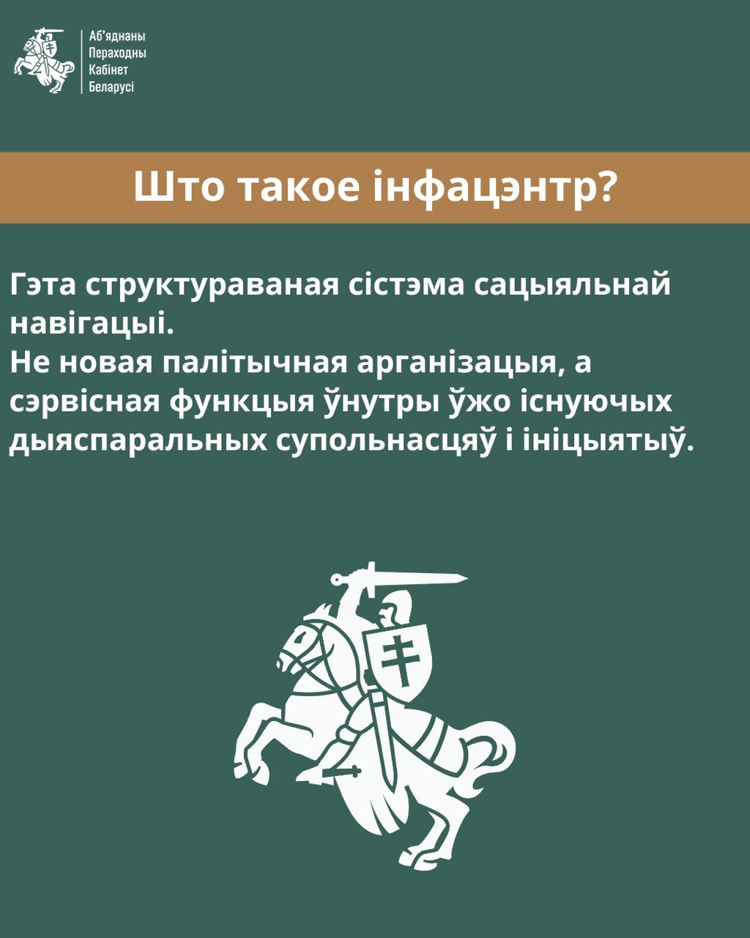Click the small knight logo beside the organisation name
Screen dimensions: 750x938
coord(44,61)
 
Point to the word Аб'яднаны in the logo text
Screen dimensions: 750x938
coord(116,36)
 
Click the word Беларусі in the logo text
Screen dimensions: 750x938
coord(111,86)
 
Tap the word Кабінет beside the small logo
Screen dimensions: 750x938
coord(108,70)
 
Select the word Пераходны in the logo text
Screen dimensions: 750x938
coord(117,53)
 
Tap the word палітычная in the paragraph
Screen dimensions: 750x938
coord(255,363)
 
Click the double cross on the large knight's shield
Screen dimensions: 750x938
coord(397,659)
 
